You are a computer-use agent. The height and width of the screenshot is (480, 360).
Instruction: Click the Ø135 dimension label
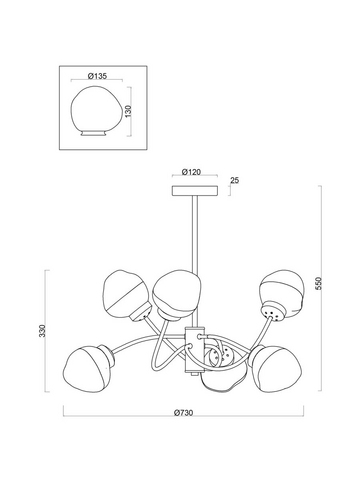[97, 76]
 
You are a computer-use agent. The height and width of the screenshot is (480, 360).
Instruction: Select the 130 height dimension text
[128, 111]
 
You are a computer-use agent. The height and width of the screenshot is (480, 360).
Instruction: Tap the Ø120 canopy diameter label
[192, 172]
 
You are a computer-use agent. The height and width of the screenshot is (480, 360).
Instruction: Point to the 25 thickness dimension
[235, 180]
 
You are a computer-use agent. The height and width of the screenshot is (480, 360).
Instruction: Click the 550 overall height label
[319, 283]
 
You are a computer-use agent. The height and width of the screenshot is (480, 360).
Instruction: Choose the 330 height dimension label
[42, 330]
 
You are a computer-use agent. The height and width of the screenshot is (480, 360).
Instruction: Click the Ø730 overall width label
[183, 413]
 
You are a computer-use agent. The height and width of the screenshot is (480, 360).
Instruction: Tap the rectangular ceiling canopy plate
[195, 191]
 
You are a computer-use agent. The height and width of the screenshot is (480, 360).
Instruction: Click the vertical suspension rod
[195, 261]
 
